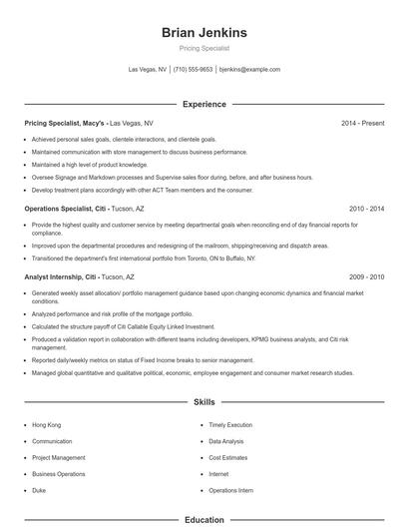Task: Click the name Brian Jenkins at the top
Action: pyautogui.click(x=204, y=33)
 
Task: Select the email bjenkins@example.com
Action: pyautogui.click(x=249, y=70)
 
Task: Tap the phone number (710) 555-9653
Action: pyautogui.click(x=193, y=70)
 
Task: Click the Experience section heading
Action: pyautogui.click(x=204, y=104)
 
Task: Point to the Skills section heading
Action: pyautogui.click(x=204, y=402)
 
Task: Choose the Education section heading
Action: pyautogui.click(x=204, y=519)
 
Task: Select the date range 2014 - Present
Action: pyautogui.click(x=362, y=123)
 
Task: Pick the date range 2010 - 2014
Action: pyautogui.click(x=366, y=209)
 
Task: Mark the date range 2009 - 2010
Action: pyautogui.click(x=366, y=276)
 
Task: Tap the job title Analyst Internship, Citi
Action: pyautogui.click(x=61, y=276)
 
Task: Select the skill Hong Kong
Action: pyautogui.click(x=47, y=424)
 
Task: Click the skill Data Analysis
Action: pyautogui.click(x=226, y=441)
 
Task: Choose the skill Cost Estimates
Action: pyautogui.click(x=227, y=457)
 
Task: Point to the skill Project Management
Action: pyautogui.click(x=58, y=457)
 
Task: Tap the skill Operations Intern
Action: pyautogui.click(x=230, y=491)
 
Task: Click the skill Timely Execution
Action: pyautogui.click(x=229, y=424)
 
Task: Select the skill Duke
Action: pyautogui.click(x=40, y=491)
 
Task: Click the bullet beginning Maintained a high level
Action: pyautogui.click(x=90, y=165)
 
